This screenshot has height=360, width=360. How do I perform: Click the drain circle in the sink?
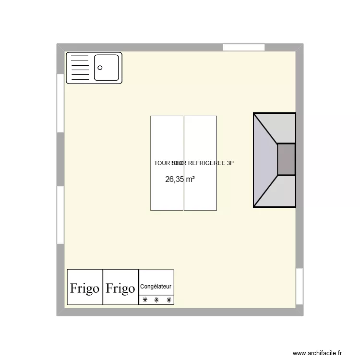(100, 68)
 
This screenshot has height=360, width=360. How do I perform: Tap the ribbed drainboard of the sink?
(80, 68)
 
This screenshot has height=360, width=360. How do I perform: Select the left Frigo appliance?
(85, 288)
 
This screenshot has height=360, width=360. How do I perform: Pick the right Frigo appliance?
(120, 288)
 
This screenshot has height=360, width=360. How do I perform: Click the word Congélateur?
(156, 287)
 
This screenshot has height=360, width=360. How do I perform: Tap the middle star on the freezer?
(156, 300)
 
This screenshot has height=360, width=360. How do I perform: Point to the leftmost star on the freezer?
(144, 300)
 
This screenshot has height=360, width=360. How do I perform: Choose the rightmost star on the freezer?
(168, 300)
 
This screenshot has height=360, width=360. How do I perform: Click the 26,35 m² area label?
(180, 180)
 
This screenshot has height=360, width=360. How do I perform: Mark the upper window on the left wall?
(60, 103)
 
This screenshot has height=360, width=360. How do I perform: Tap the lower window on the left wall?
(60, 215)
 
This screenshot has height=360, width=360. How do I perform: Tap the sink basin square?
(106, 68)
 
